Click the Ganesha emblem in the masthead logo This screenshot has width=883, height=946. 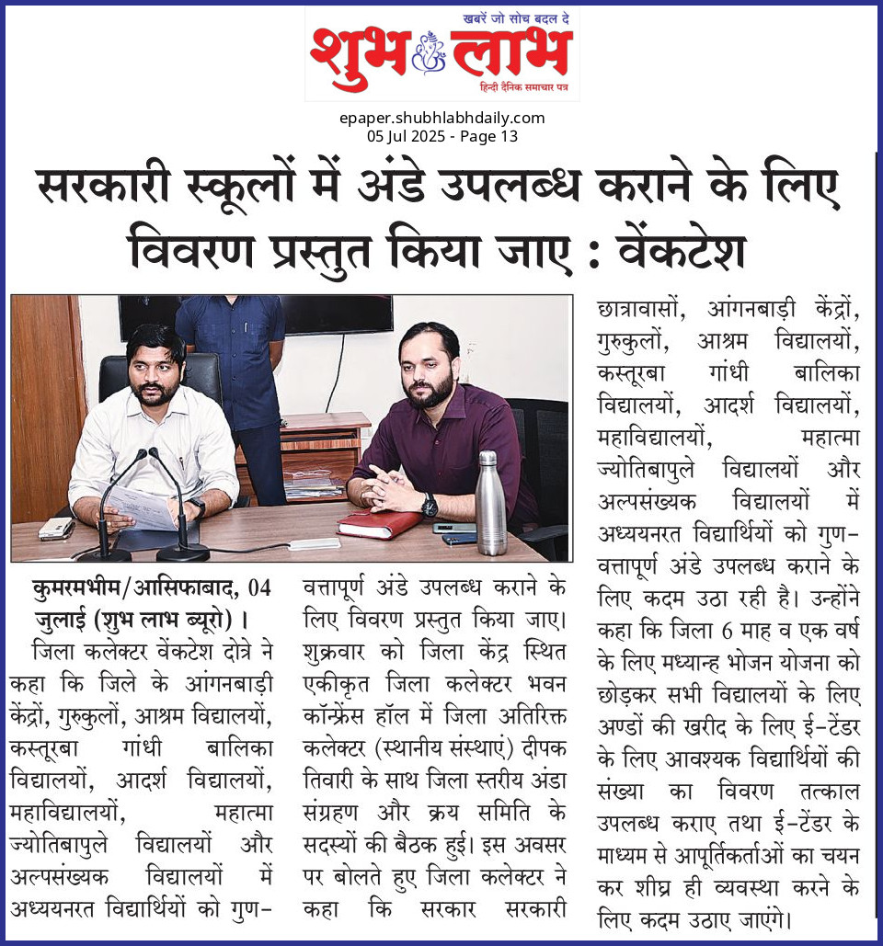tap(430, 53)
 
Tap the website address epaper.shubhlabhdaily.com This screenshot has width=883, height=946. tap(441, 118)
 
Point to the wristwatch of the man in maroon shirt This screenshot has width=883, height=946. tap(430, 505)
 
